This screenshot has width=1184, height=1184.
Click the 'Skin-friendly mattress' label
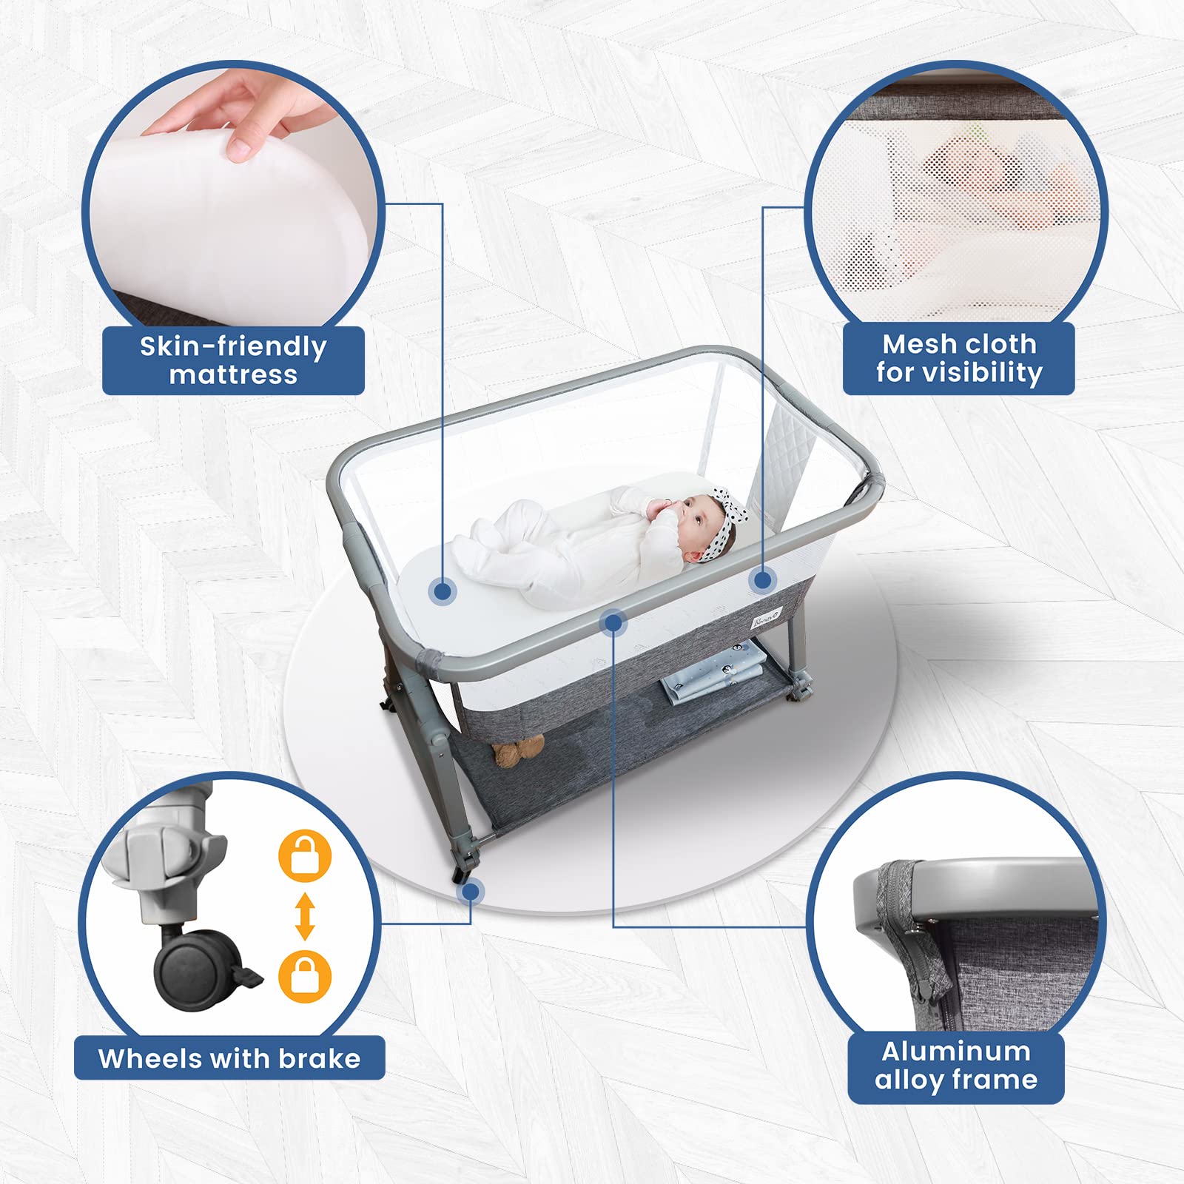233,360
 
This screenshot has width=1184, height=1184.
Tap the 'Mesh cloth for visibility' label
959,358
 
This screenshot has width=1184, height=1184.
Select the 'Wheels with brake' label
229,1058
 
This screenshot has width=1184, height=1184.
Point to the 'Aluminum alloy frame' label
956,1066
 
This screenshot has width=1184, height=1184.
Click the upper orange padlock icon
305,856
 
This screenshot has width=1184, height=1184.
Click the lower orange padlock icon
305,977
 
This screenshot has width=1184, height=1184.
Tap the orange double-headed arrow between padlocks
305,916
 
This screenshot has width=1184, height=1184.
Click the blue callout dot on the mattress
443,591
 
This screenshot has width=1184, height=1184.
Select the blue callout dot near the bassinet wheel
471,891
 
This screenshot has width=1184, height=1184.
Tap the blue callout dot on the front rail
613,623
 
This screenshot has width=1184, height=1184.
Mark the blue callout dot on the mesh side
762,580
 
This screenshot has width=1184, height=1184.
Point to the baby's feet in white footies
485,548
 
